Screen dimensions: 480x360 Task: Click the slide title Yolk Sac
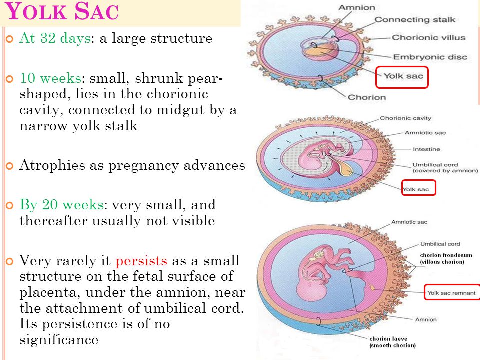pyautogui.click(x=62, y=11)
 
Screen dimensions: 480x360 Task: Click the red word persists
pyautogui.click(x=141, y=261)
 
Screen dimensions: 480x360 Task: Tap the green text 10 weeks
pyautogui.click(x=51, y=78)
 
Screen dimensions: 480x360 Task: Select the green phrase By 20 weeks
pyautogui.click(x=62, y=205)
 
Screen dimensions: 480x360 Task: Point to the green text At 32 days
pyautogui.click(x=55, y=39)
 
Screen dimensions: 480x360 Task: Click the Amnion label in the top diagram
pyautogui.click(x=357, y=7)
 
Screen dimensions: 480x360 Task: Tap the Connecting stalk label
pyautogui.click(x=415, y=20)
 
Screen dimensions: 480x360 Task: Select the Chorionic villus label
pyautogui.click(x=429, y=37)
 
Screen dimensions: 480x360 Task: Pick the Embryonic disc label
pyautogui.click(x=430, y=57)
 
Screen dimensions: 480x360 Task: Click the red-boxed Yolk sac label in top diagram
pyautogui.click(x=403, y=76)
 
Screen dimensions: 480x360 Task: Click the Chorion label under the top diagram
pyautogui.click(x=367, y=97)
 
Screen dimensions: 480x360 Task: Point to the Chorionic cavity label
pyautogui.click(x=405, y=118)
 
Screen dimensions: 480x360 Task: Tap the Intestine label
pyautogui.click(x=426, y=149)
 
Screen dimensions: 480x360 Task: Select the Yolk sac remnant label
pyautogui.click(x=451, y=293)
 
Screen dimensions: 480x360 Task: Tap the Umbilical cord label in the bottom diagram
pyautogui.click(x=440, y=244)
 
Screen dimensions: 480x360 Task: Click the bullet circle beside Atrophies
pyautogui.click(x=10, y=166)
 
